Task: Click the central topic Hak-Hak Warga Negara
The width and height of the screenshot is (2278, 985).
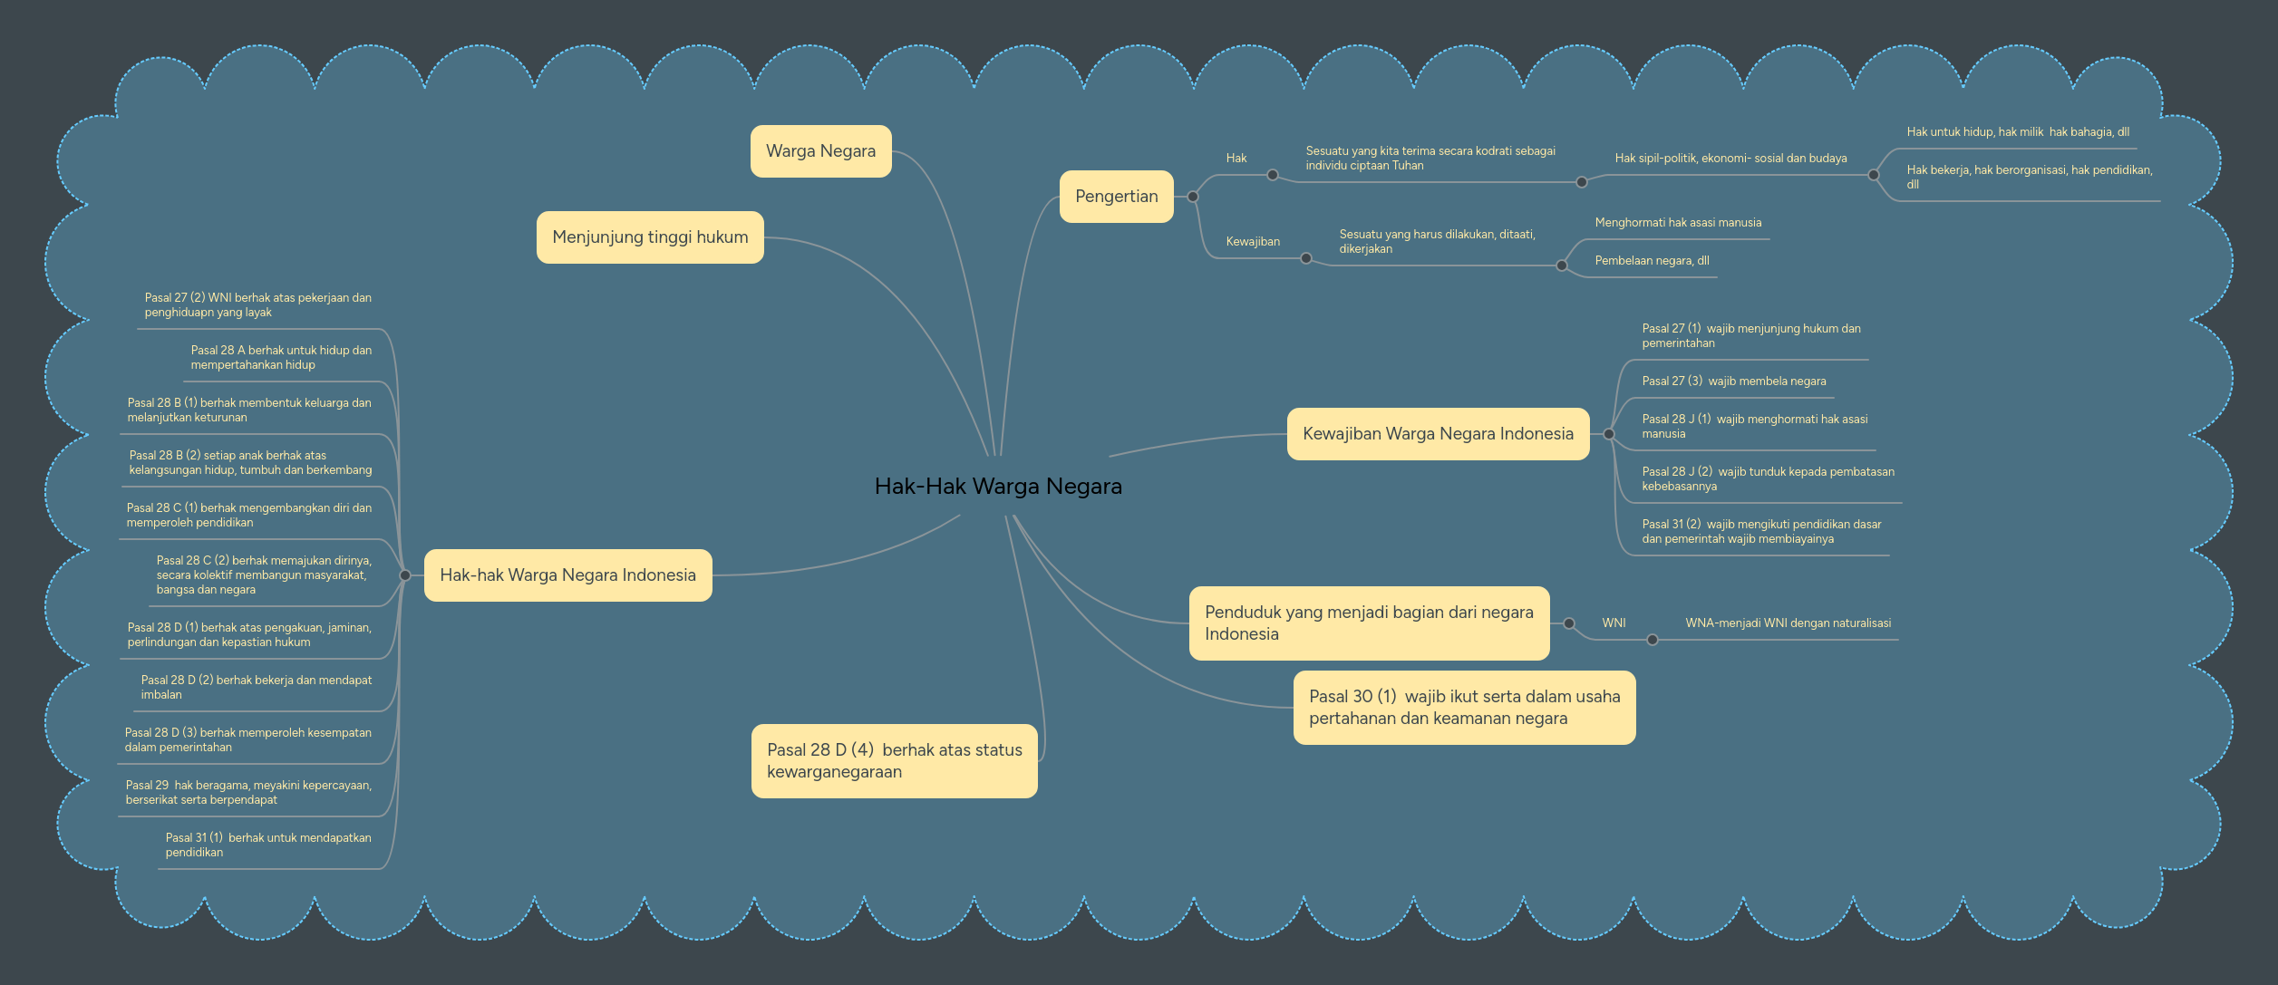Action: [x=998, y=487]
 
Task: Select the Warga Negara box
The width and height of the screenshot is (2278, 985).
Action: [x=820, y=151]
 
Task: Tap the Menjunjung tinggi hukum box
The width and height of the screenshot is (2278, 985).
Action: [x=650, y=237]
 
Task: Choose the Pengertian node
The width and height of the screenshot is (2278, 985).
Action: [x=1116, y=197]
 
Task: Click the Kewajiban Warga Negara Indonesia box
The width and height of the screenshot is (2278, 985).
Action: [x=1438, y=434]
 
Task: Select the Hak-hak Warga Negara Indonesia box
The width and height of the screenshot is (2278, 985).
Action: [x=567, y=575]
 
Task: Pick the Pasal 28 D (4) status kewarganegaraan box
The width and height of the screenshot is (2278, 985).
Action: [x=894, y=761]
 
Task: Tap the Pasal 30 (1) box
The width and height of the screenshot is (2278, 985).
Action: [x=1464, y=708]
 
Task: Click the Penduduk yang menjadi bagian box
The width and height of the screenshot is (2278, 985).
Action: [x=1369, y=623]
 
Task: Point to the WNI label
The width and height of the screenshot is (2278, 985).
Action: [x=1614, y=623]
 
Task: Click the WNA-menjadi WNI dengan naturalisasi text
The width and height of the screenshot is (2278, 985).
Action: [x=1788, y=623]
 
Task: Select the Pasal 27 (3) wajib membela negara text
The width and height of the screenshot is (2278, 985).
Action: [x=1733, y=381]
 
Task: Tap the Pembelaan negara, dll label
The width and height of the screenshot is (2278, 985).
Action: [x=1652, y=261]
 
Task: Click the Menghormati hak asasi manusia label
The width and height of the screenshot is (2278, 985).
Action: [x=1678, y=223]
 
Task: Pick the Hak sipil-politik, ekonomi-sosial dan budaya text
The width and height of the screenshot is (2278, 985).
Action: [x=1730, y=159]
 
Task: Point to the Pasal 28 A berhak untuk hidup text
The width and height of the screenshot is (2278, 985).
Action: [x=281, y=358]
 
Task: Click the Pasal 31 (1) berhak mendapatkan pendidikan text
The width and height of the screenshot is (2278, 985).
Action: [x=268, y=845]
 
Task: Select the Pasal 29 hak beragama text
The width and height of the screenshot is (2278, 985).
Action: [x=248, y=793]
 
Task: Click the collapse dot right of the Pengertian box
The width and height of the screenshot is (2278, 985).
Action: [x=1193, y=197]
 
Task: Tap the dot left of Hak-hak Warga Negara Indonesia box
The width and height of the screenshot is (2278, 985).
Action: [x=405, y=575]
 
